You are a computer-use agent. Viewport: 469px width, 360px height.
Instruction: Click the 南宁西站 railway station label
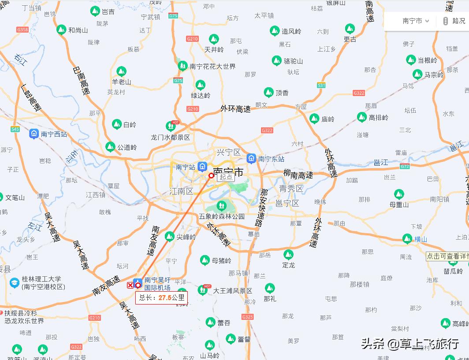click(54, 134)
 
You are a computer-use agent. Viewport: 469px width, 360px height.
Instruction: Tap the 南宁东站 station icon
click(251, 159)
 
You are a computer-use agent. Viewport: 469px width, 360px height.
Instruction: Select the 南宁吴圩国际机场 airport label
click(157, 284)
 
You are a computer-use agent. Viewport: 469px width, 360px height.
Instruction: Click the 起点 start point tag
click(226, 177)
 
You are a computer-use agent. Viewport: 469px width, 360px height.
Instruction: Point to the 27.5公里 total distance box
click(161, 297)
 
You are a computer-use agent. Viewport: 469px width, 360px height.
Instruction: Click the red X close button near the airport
click(130, 285)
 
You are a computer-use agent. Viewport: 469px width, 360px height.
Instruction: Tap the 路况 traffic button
click(454, 21)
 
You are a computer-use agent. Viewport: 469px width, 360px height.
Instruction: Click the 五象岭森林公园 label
click(222, 216)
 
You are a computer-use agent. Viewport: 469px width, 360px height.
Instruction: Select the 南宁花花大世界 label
click(212, 67)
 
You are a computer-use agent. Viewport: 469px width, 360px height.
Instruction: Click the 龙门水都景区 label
click(171, 137)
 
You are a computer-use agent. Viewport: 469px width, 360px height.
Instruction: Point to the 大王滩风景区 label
click(233, 291)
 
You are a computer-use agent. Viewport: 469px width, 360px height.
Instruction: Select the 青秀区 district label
click(291, 189)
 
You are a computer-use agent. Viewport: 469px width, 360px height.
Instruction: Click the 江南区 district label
click(182, 191)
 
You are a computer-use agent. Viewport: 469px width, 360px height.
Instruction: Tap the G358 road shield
click(22, 30)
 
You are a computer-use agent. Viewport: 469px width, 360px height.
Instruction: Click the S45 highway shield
click(15, 129)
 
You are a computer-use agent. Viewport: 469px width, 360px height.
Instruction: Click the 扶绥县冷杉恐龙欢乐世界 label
click(25, 317)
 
